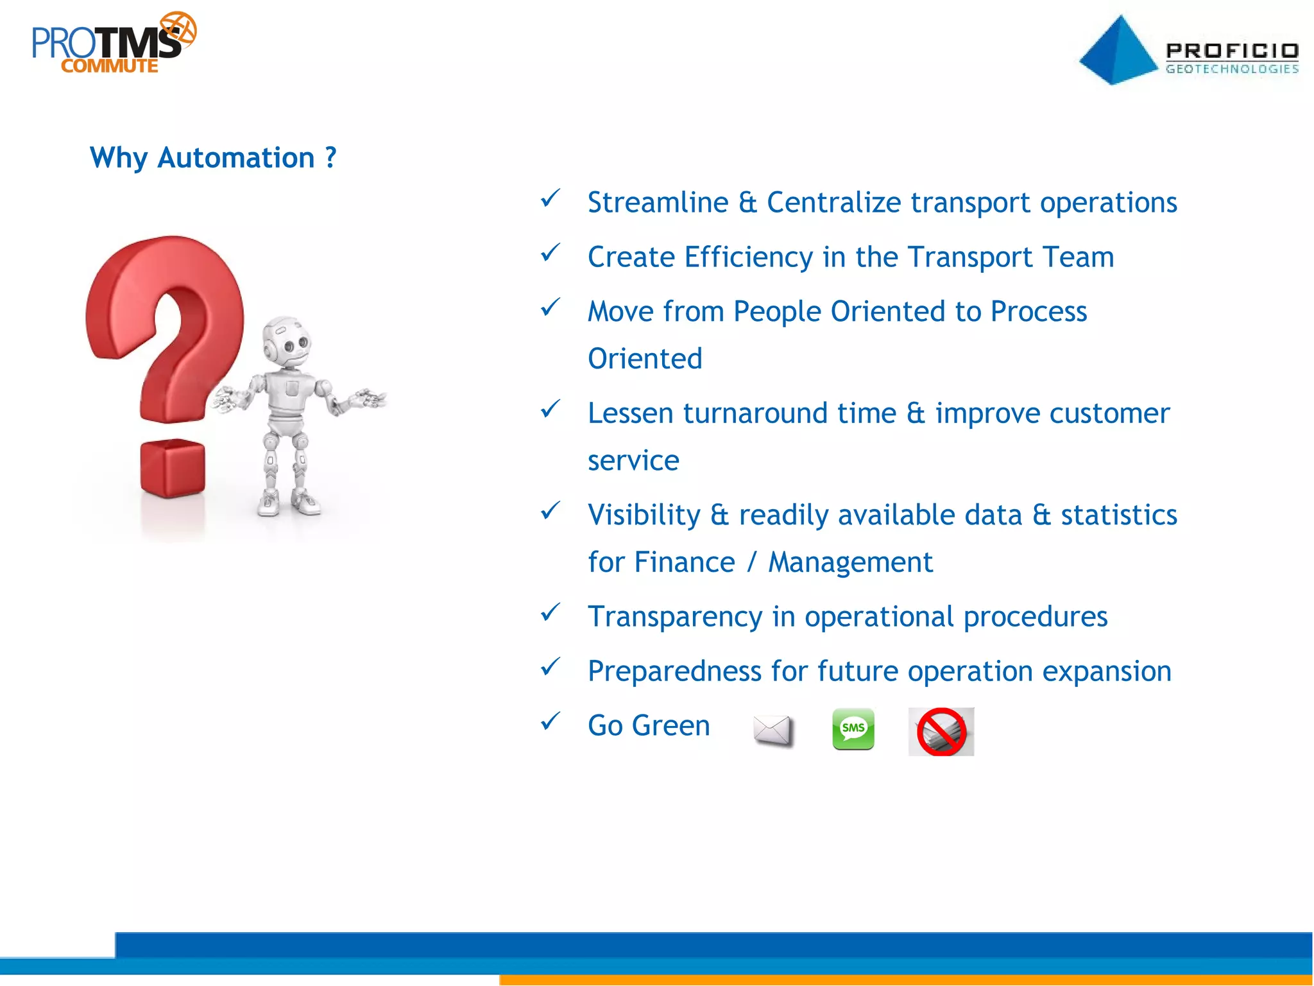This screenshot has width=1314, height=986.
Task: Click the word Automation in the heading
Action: [235, 158]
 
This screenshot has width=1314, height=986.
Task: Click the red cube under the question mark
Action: [172, 469]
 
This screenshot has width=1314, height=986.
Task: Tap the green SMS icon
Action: [853, 729]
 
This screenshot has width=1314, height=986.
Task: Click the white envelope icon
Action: [772, 731]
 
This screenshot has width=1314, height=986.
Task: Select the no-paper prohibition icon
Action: [941, 732]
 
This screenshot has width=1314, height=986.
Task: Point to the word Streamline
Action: [658, 203]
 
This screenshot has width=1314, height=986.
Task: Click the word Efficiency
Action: [748, 257]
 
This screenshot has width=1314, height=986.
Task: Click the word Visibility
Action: [644, 515]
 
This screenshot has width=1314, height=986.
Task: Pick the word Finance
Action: [684, 562]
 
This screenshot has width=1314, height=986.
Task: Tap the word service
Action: [633, 461]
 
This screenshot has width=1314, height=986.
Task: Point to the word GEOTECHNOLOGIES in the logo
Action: [1232, 69]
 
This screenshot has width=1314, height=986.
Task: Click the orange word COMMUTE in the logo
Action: [110, 66]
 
